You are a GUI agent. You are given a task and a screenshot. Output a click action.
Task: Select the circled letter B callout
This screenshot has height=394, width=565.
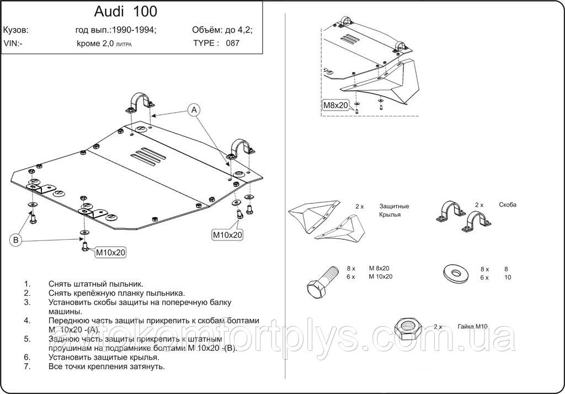pyautogui.click(x=16, y=240)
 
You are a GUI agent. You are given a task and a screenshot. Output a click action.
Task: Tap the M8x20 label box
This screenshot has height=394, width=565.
pyautogui.click(x=335, y=106)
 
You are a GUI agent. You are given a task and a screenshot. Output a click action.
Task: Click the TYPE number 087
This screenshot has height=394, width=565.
pyautogui.click(x=232, y=43)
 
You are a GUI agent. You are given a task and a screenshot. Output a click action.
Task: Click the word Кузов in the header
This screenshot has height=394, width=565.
pyautogui.click(x=16, y=30)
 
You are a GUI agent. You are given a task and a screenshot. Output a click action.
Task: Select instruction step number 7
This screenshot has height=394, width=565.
pyautogui.click(x=26, y=366)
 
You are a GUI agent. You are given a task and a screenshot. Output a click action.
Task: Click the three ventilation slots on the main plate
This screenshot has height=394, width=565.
pyautogui.click(x=151, y=155)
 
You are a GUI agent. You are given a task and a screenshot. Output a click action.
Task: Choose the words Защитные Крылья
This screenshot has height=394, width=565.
pyautogui.click(x=393, y=210)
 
